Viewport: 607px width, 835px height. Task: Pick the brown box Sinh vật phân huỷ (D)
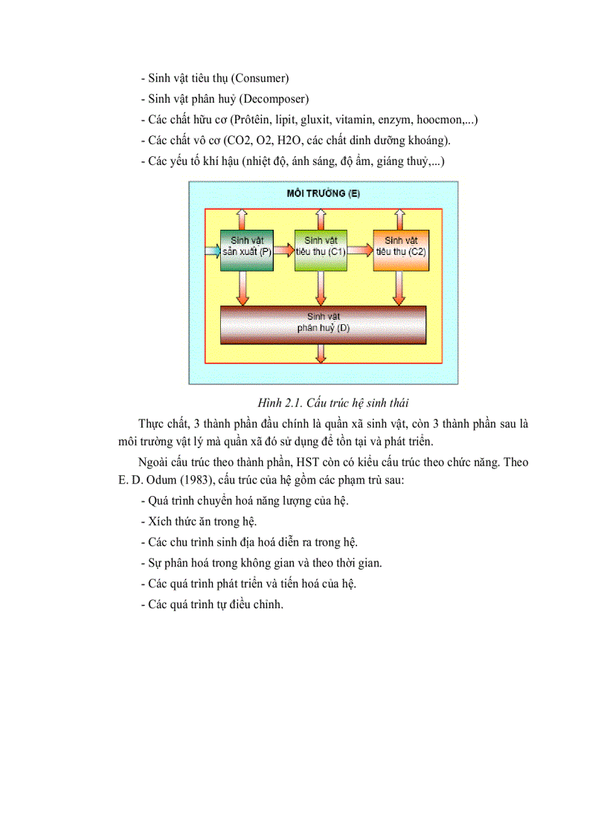(323, 324)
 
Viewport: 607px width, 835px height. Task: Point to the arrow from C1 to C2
(361, 251)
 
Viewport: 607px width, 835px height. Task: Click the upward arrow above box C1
(321, 219)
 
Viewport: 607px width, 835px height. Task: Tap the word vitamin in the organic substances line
(353, 119)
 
